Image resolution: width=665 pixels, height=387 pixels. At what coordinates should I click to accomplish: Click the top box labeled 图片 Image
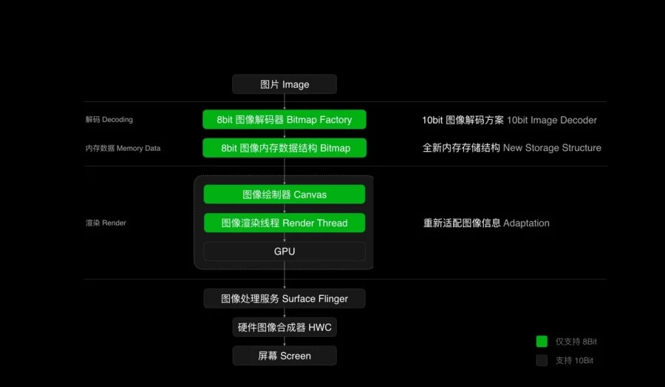(284, 84)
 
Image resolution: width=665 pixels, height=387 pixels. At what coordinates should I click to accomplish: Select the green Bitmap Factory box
(284, 119)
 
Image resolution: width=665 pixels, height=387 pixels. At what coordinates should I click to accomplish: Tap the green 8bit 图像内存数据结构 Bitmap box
(284, 148)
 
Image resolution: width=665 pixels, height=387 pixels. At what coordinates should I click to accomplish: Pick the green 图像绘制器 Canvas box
(284, 194)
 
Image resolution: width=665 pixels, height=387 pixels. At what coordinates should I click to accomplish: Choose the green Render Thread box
(284, 223)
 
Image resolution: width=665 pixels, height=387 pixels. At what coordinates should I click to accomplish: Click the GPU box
(284, 251)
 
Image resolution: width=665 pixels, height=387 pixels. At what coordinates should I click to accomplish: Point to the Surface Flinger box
(284, 299)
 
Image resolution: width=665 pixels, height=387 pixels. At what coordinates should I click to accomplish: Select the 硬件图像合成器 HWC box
(284, 327)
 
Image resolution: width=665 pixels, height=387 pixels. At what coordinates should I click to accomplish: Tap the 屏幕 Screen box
(284, 356)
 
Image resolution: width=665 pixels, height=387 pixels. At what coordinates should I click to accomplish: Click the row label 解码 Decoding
(109, 119)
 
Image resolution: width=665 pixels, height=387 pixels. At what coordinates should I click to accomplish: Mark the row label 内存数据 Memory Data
(123, 148)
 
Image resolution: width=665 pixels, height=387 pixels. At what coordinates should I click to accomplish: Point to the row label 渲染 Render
(106, 223)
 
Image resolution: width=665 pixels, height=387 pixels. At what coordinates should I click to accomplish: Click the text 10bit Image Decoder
(552, 120)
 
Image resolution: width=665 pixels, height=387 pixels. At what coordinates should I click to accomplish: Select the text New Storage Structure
(552, 148)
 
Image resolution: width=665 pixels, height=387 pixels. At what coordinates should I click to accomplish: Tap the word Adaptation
(526, 223)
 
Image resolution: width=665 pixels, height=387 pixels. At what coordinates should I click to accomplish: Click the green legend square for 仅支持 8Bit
(542, 341)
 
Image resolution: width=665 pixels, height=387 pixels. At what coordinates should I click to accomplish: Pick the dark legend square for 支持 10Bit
(542, 360)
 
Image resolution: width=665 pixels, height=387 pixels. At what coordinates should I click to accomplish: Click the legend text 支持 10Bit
(574, 360)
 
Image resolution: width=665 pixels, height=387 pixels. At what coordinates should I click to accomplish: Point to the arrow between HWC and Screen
(284, 341)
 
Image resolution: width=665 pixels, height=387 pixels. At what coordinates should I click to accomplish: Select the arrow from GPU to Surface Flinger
(284, 275)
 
